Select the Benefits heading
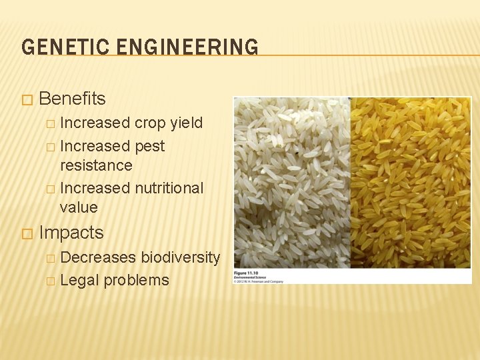point(72,99)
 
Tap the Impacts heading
point(71,233)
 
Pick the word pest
point(149,146)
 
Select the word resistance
point(96,165)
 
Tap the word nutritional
point(169,188)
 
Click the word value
point(79,207)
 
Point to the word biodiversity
point(180,257)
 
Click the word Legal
point(78,280)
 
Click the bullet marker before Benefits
point(26,99)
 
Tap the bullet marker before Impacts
point(26,233)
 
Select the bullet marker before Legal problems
point(51,281)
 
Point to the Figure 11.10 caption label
point(246,274)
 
